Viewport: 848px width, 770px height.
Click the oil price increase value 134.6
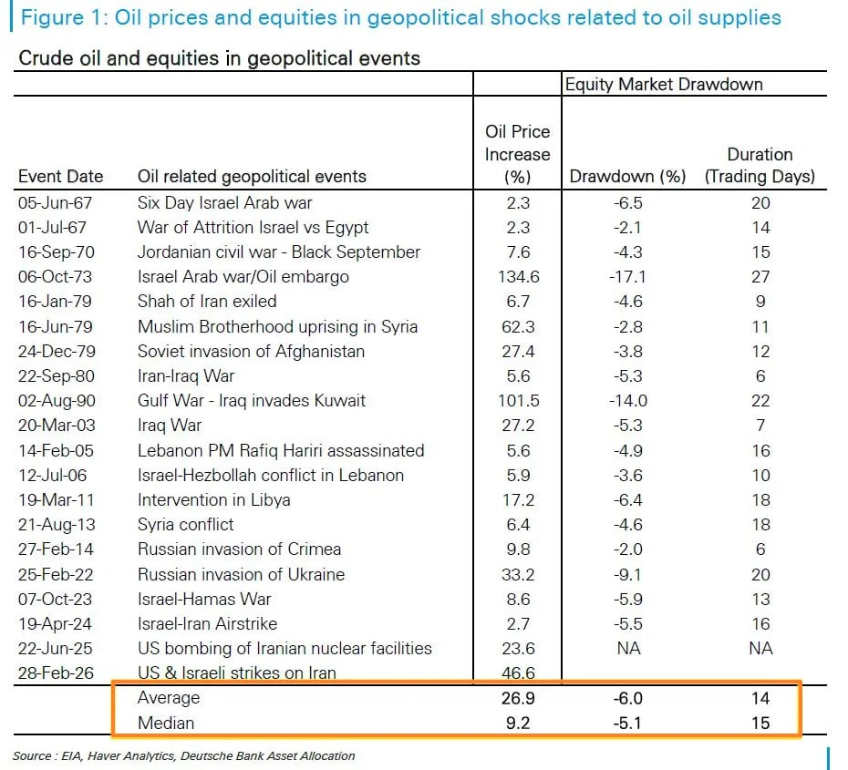pyautogui.click(x=517, y=277)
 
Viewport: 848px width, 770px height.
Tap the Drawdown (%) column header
pyautogui.click(x=627, y=177)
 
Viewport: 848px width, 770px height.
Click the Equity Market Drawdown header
pyautogui.click(x=664, y=85)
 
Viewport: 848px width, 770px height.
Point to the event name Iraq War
pyautogui.click(x=170, y=426)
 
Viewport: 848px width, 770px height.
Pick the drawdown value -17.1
pyautogui.click(x=627, y=277)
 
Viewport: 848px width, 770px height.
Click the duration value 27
pyautogui.click(x=760, y=277)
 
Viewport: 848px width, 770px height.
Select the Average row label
pyautogui.click(x=168, y=698)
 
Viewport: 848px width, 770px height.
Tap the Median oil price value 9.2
pyautogui.click(x=517, y=724)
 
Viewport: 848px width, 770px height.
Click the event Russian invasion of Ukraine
pyautogui.click(x=241, y=574)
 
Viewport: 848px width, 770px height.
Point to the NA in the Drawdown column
pyautogui.click(x=627, y=649)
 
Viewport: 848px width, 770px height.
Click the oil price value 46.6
pyautogui.click(x=517, y=673)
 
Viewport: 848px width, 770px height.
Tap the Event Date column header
pyautogui.click(x=61, y=177)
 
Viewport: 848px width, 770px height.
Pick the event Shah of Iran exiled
pyautogui.click(x=207, y=302)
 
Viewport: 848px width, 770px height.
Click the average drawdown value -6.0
pyautogui.click(x=627, y=698)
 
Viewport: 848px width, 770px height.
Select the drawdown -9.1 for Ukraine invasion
pyautogui.click(x=627, y=574)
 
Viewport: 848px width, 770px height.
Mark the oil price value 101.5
pyautogui.click(x=517, y=401)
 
